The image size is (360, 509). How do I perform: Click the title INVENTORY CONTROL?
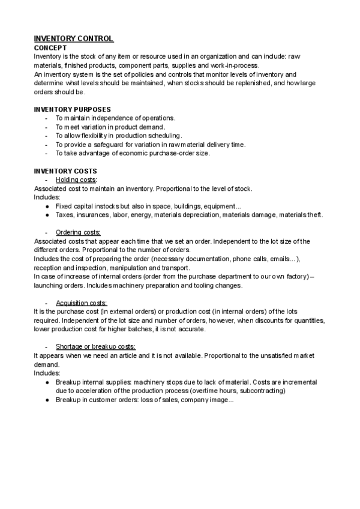[74, 39]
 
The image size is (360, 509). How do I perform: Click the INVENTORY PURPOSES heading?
[72, 109]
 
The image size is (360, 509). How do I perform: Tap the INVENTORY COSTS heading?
[65, 171]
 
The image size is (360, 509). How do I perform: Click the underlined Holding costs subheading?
[76, 180]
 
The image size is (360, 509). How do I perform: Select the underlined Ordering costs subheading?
[78, 232]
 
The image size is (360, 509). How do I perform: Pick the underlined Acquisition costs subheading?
[81, 303]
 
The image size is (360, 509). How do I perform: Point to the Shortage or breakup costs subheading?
[95, 346]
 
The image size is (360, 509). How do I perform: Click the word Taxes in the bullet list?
[65, 215]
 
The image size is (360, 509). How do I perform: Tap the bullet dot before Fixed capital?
[47, 206]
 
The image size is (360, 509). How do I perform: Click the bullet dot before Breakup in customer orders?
[47, 399]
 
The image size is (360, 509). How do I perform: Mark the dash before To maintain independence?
[47, 118]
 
